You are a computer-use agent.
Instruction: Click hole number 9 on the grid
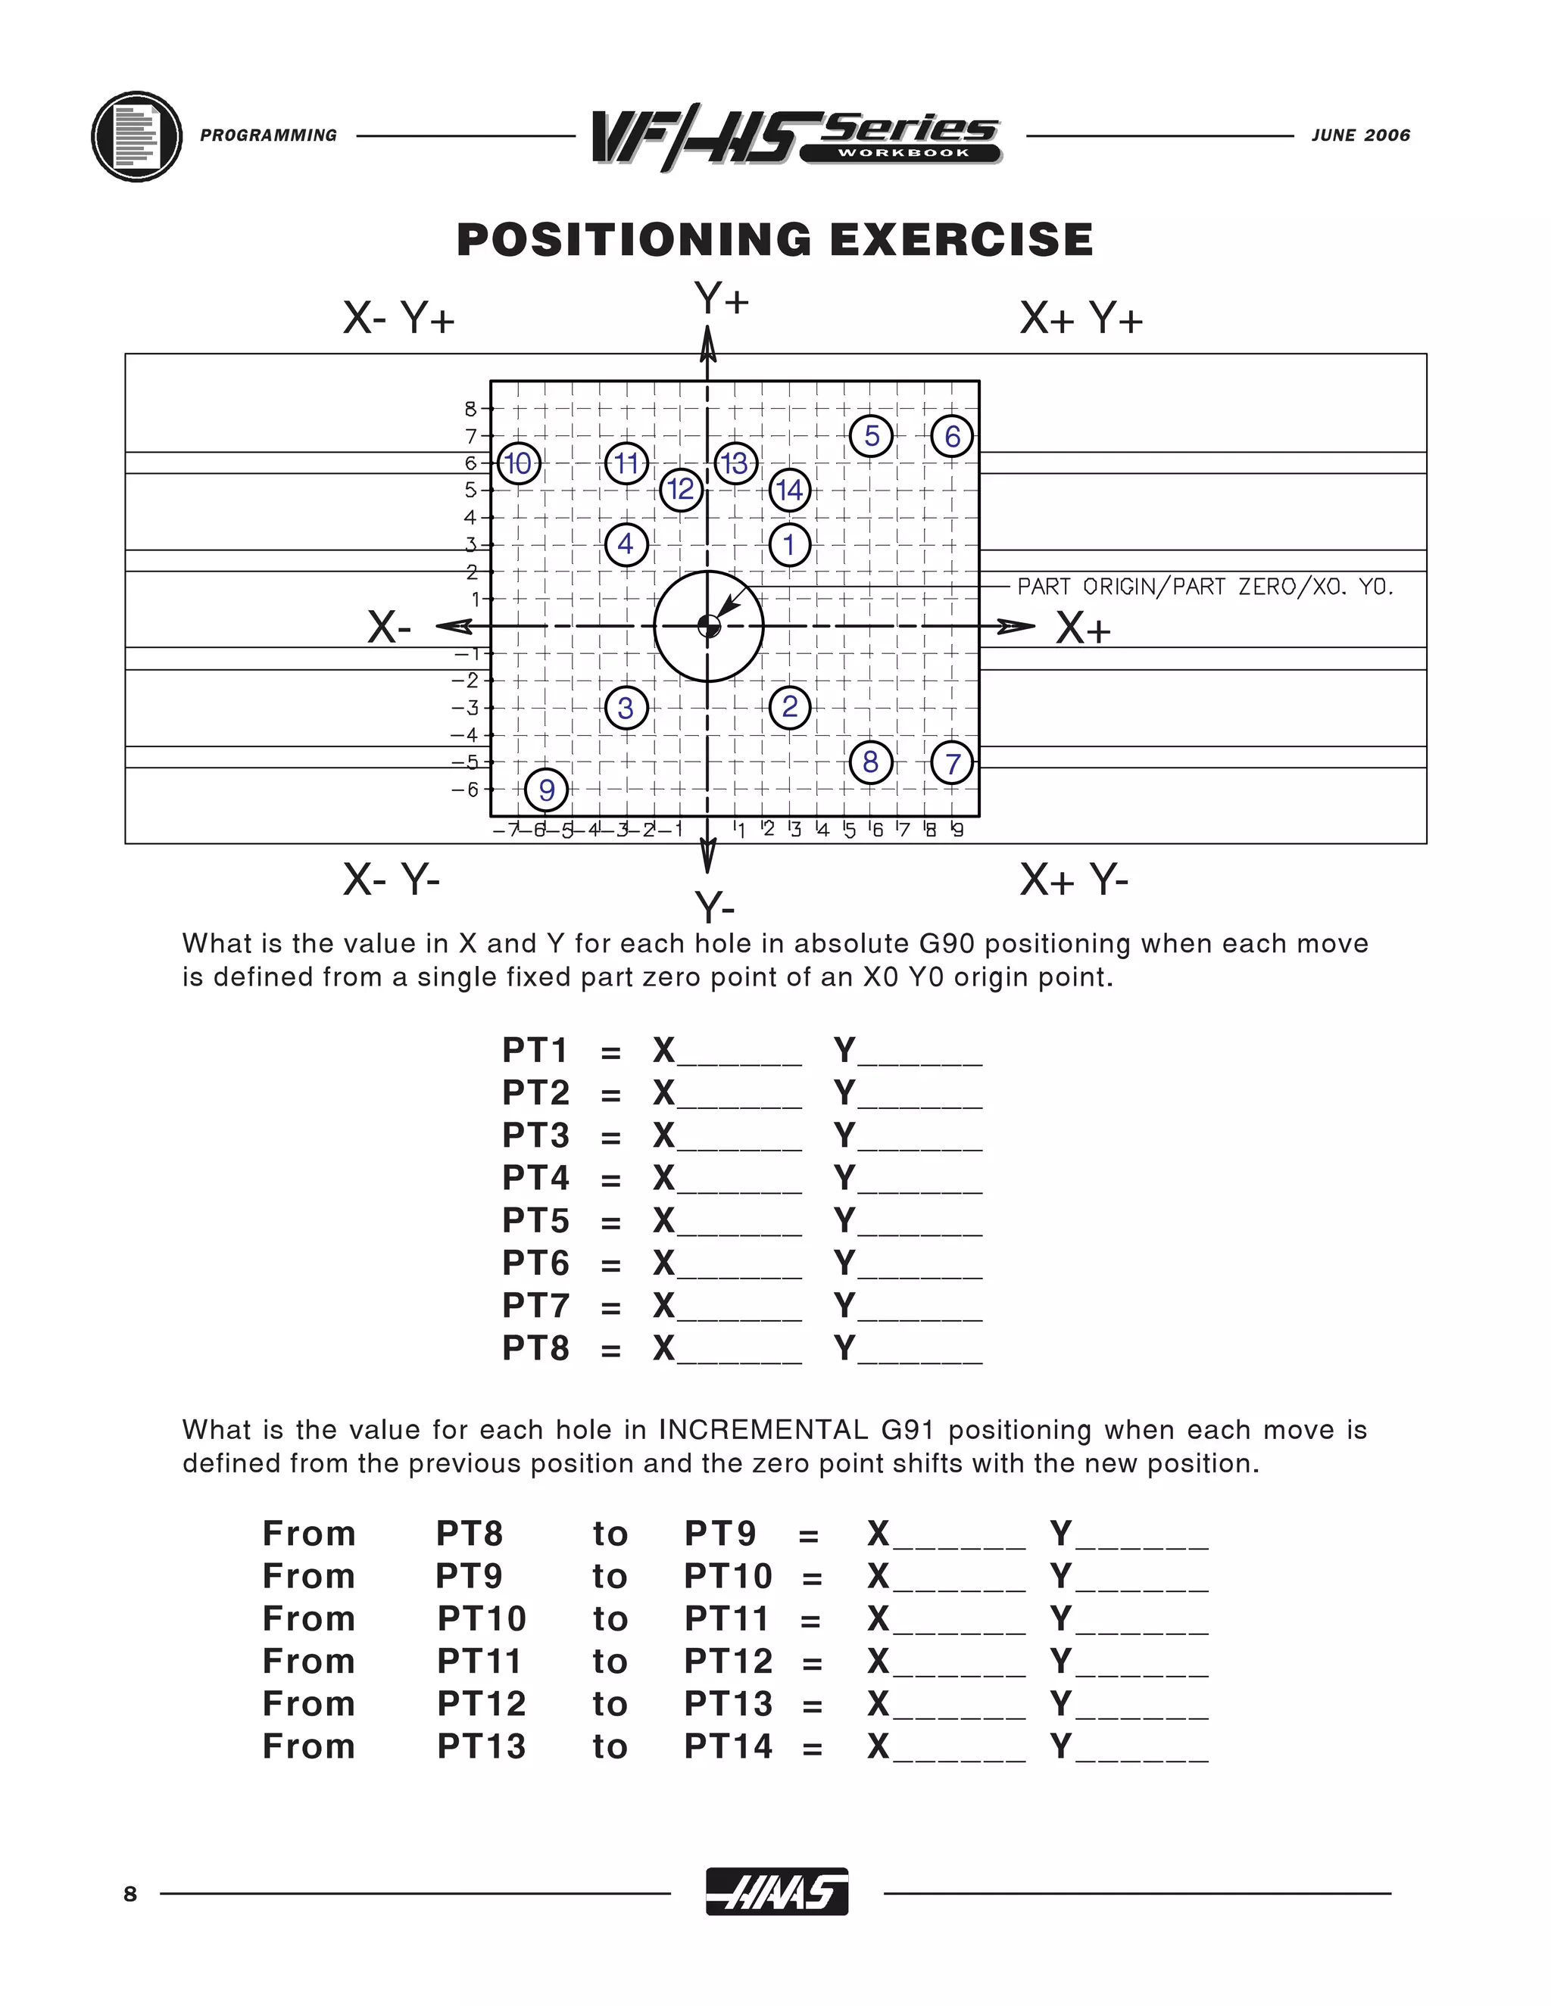tap(546, 789)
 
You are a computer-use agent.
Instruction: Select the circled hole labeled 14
tap(790, 490)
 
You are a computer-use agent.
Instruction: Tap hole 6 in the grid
tap(952, 436)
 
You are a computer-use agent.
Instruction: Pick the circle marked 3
tap(626, 709)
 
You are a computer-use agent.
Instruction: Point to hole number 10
tap(519, 463)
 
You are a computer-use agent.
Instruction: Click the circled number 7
tap(952, 763)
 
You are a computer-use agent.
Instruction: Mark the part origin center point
tap(708, 627)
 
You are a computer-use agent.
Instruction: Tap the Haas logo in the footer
tap(776, 1893)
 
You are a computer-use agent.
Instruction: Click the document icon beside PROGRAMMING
tap(137, 136)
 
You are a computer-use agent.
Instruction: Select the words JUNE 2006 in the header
tap(1360, 136)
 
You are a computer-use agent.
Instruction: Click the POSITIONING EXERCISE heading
tap(775, 240)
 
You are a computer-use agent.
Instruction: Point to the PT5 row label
tap(535, 1221)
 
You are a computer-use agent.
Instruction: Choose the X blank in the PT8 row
tap(738, 1350)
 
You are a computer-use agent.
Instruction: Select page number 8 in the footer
tap(130, 1894)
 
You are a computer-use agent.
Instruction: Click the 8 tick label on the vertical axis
tap(470, 409)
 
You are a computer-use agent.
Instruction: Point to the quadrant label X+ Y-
tap(1074, 881)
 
